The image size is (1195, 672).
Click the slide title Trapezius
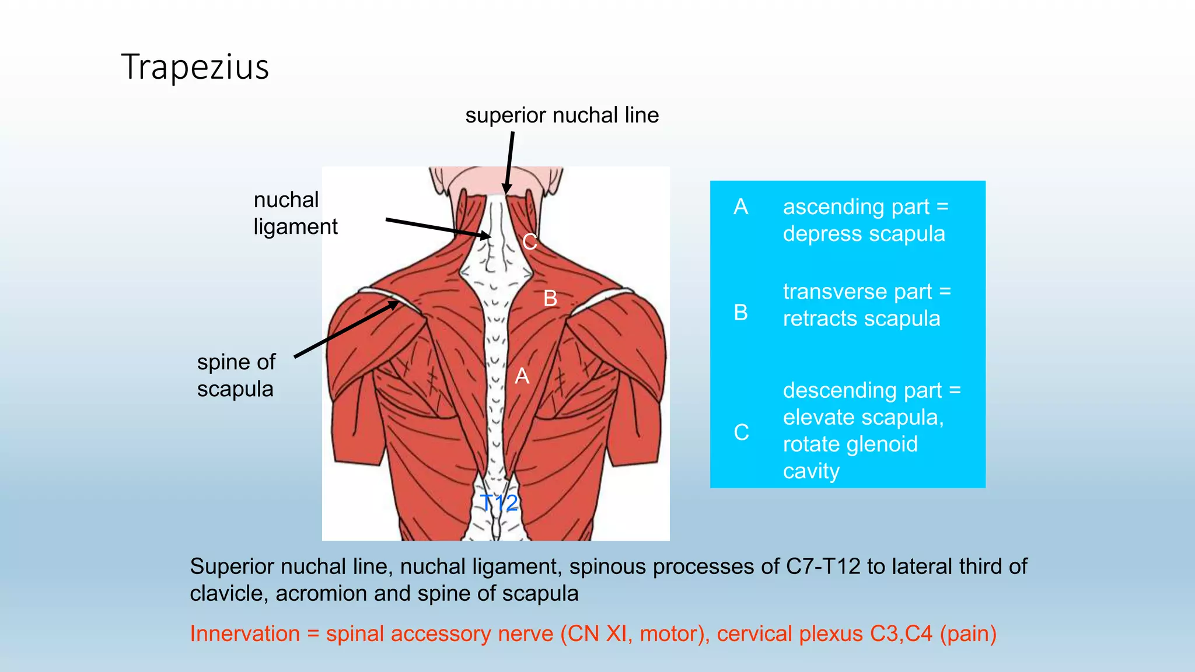click(x=195, y=67)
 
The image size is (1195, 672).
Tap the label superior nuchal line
click(x=562, y=116)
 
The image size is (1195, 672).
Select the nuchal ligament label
click(x=295, y=213)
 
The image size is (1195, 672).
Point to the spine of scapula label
click(x=236, y=375)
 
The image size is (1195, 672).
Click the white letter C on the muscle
click(x=529, y=242)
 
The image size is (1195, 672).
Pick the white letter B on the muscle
click(x=550, y=298)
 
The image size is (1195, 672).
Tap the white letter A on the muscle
click(x=522, y=376)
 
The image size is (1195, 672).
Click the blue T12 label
click(x=499, y=502)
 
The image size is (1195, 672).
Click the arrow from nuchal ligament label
click(x=438, y=228)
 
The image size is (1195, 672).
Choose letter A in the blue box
click(x=740, y=206)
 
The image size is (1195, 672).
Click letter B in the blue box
click(x=740, y=312)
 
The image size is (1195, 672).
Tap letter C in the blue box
click(x=741, y=432)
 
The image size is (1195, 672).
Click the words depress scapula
click(x=864, y=234)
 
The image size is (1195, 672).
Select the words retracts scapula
click(x=861, y=318)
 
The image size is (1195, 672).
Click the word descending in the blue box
click(x=833, y=390)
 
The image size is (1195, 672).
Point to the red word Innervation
click(x=244, y=633)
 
